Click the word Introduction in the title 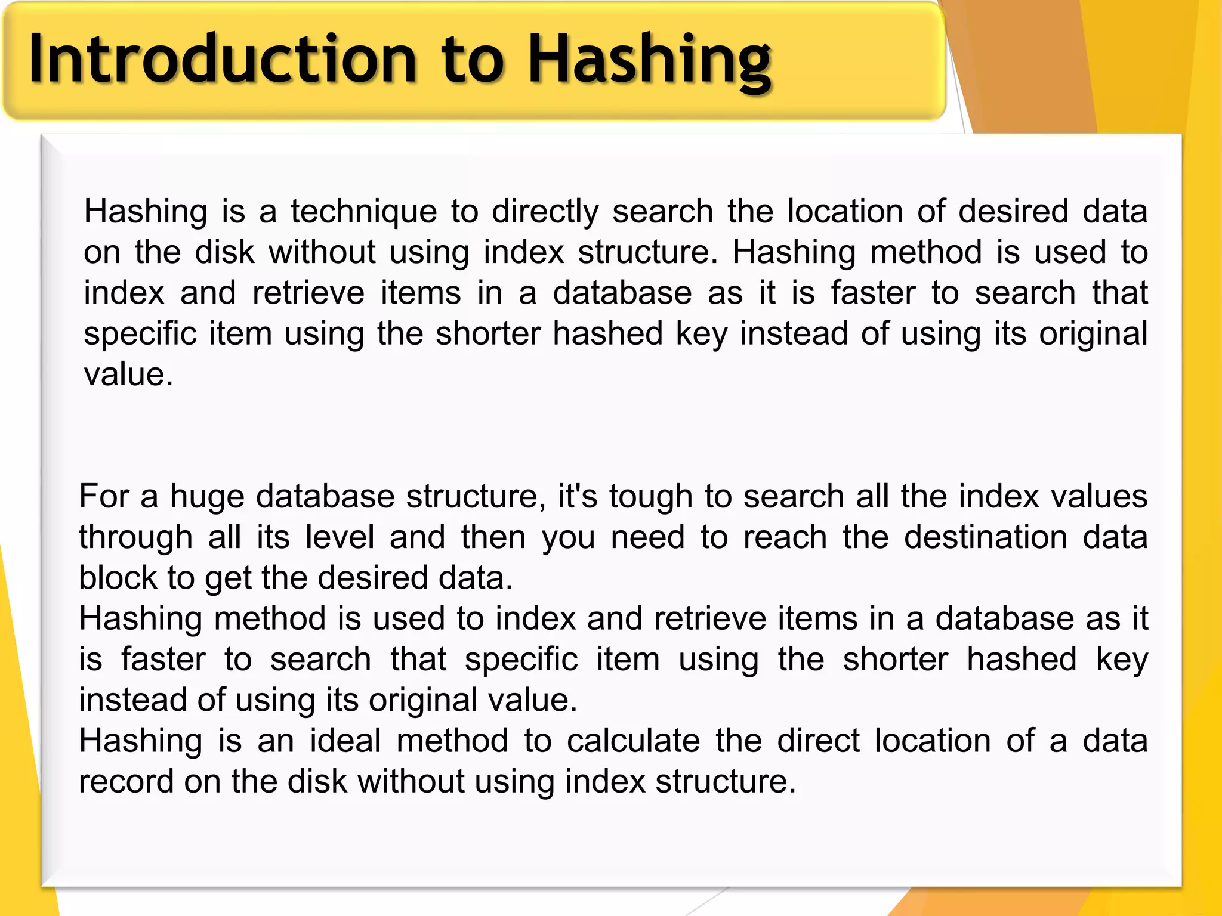(x=223, y=60)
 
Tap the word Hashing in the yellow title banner (x=650, y=60)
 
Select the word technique (x=364, y=212)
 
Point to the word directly (x=545, y=212)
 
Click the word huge (x=207, y=497)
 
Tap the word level (x=340, y=537)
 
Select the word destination (x=985, y=537)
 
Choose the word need (x=647, y=537)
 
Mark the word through (x=135, y=538)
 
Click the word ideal (x=345, y=741)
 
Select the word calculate (x=633, y=741)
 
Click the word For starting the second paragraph (x=104, y=496)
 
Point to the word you (x=568, y=538)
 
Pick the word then (x=493, y=537)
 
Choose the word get (x=228, y=578)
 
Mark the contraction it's (x=577, y=496)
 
